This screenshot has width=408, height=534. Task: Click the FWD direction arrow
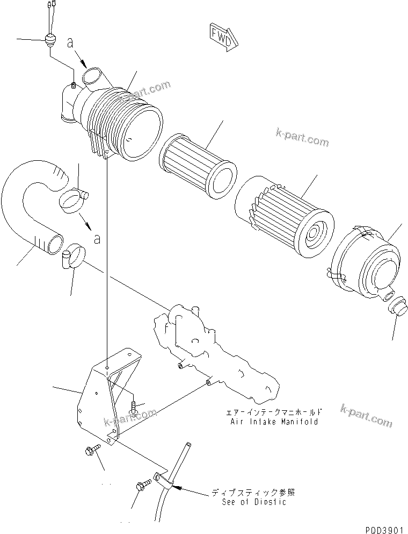click(222, 36)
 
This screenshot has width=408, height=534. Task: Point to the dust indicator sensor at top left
click(50, 40)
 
